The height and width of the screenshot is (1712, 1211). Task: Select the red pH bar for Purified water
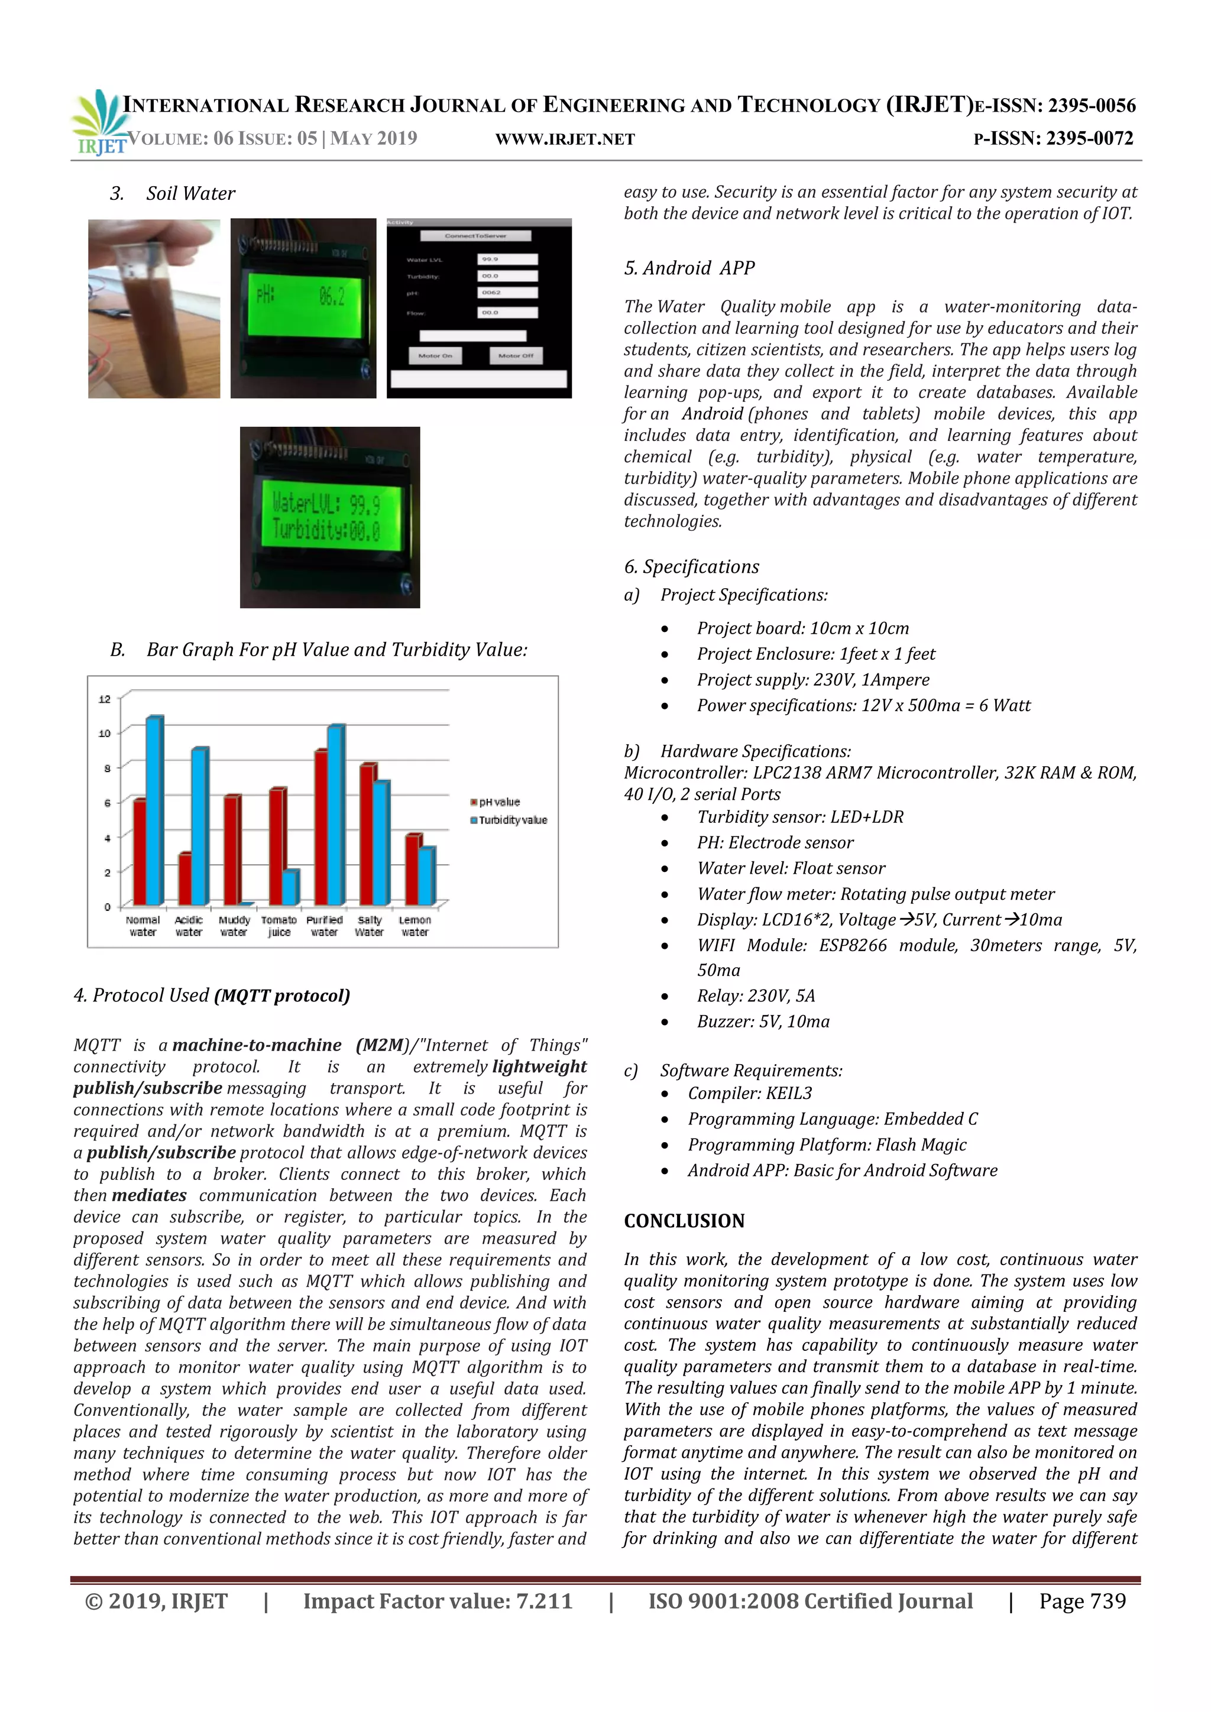(320, 828)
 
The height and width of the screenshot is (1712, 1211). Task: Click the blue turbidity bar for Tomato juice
(291, 887)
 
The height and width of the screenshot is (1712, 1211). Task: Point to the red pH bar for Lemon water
(412, 870)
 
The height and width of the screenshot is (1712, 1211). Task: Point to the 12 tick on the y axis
(105, 699)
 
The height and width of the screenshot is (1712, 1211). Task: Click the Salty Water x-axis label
(369, 926)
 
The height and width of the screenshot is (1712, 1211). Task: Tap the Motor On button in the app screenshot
(435, 356)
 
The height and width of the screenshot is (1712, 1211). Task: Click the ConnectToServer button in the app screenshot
(476, 236)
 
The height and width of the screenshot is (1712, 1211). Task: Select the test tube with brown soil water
(154, 313)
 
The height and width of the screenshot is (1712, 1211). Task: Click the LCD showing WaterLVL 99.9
(329, 517)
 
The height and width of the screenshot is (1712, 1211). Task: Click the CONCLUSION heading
(684, 1221)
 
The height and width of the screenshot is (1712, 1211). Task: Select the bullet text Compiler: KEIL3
(749, 1093)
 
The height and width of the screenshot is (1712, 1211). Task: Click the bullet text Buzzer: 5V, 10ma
(763, 1022)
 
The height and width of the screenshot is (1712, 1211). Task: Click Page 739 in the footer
(1082, 1601)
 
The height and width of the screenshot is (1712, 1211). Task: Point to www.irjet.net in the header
(565, 140)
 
